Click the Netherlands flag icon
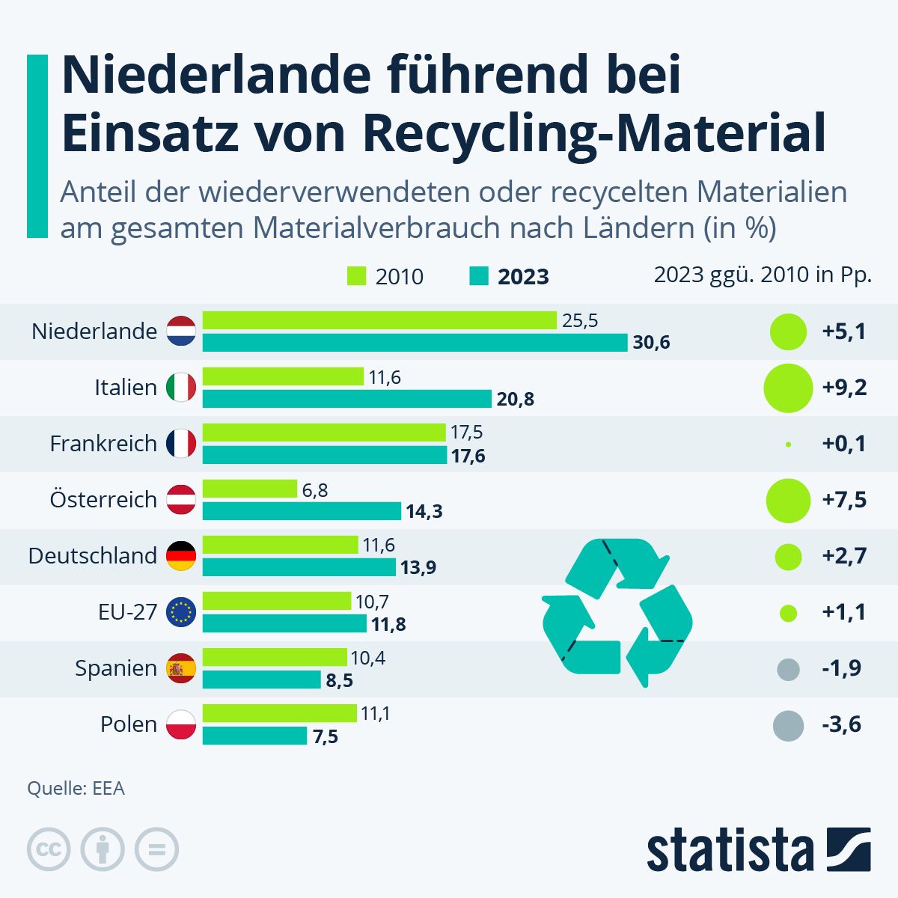(x=181, y=331)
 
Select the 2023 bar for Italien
(x=346, y=399)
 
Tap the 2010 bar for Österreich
(x=250, y=489)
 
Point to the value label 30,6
(x=651, y=343)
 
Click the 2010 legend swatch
(x=357, y=276)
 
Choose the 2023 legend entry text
(x=523, y=277)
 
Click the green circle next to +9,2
(x=788, y=388)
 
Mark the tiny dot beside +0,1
(x=788, y=445)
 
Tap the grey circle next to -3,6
(x=787, y=725)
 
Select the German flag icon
(x=181, y=556)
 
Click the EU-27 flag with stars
(x=181, y=612)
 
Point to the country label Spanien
(x=116, y=668)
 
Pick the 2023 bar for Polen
(x=254, y=736)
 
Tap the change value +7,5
(x=844, y=500)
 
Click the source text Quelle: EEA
(x=76, y=788)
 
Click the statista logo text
(x=730, y=851)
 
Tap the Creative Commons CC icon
(x=49, y=849)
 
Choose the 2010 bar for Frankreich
(x=324, y=433)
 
